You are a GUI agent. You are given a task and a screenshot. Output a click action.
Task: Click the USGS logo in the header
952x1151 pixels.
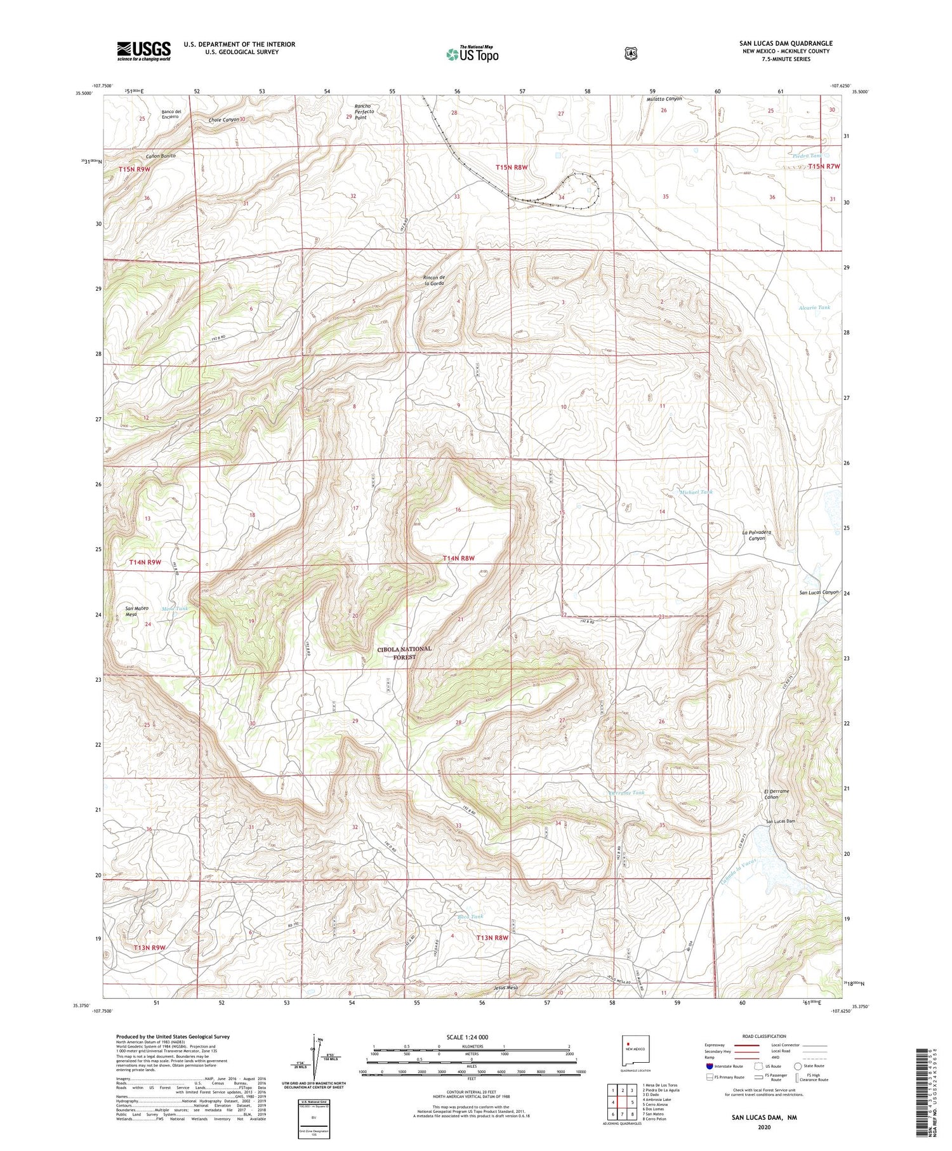click(143, 51)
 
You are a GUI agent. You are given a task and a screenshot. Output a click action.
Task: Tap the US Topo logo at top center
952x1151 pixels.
click(472, 54)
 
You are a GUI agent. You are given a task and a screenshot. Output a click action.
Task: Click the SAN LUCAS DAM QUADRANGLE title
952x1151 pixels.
click(785, 43)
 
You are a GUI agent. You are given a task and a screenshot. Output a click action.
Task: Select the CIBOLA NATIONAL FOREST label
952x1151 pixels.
click(404, 653)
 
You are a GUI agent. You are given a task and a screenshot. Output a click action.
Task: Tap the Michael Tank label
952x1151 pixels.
click(696, 492)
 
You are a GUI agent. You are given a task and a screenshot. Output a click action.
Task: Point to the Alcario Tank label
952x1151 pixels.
click(814, 307)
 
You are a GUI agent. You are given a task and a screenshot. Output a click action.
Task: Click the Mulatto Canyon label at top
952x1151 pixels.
click(664, 99)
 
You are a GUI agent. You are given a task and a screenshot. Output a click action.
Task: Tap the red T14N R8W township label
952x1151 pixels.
click(458, 558)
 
